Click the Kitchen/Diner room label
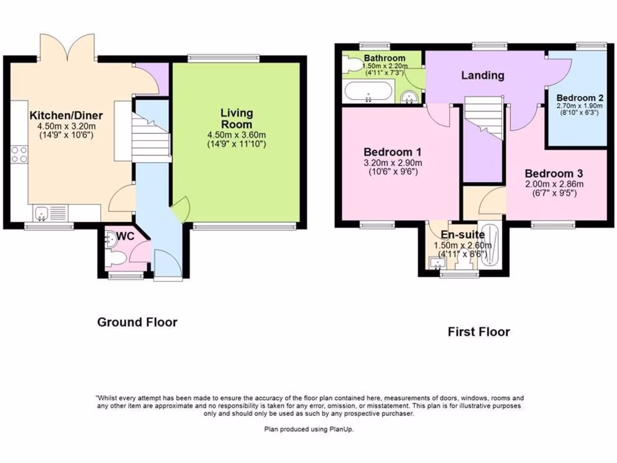pos(66,116)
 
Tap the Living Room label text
pos(236,118)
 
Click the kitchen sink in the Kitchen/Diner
pos(42,212)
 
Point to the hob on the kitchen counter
pos(19,154)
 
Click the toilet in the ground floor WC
pos(117,258)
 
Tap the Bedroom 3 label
pos(554,172)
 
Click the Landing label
pos(483,75)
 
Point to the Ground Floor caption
pos(137,323)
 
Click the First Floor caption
pos(478,332)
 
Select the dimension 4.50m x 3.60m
pos(236,135)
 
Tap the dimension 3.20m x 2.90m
pos(392,163)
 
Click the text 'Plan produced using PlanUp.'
pos(308,429)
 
